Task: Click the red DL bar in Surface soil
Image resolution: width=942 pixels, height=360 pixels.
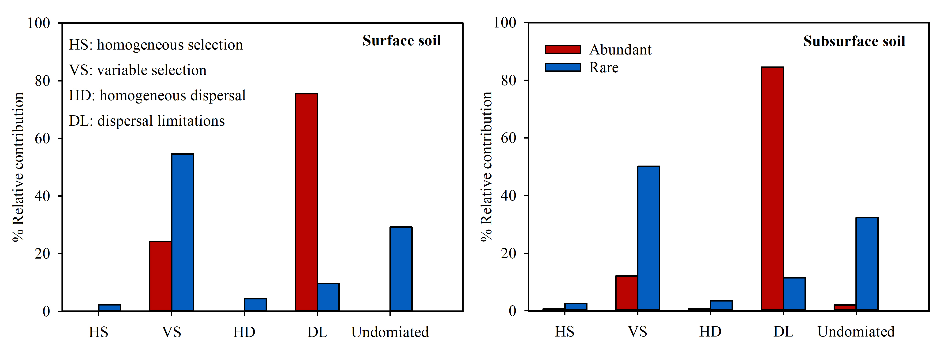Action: (x=306, y=202)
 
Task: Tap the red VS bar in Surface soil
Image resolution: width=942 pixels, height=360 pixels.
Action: (x=160, y=276)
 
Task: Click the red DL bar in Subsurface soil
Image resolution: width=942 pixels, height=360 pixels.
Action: (x=772, y=189)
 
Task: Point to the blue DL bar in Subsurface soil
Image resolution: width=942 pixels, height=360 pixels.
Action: (x=794, y=294)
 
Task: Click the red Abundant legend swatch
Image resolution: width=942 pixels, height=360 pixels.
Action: (x=562, y=49)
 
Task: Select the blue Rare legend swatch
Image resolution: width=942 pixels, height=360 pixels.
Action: (x=562, y=67)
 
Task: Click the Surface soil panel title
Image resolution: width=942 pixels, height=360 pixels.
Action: (x=401, y=41)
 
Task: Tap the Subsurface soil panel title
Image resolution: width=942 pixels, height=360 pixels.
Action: (x=854, y=41)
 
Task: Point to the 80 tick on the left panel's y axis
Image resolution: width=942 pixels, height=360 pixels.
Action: (x=42, y=81)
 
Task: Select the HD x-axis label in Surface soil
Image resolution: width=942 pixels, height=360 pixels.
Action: (x=244, y=332)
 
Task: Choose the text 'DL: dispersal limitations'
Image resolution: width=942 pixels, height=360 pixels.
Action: (x=147, y=121)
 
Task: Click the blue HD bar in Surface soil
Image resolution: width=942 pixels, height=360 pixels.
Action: (x=255, y=305)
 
